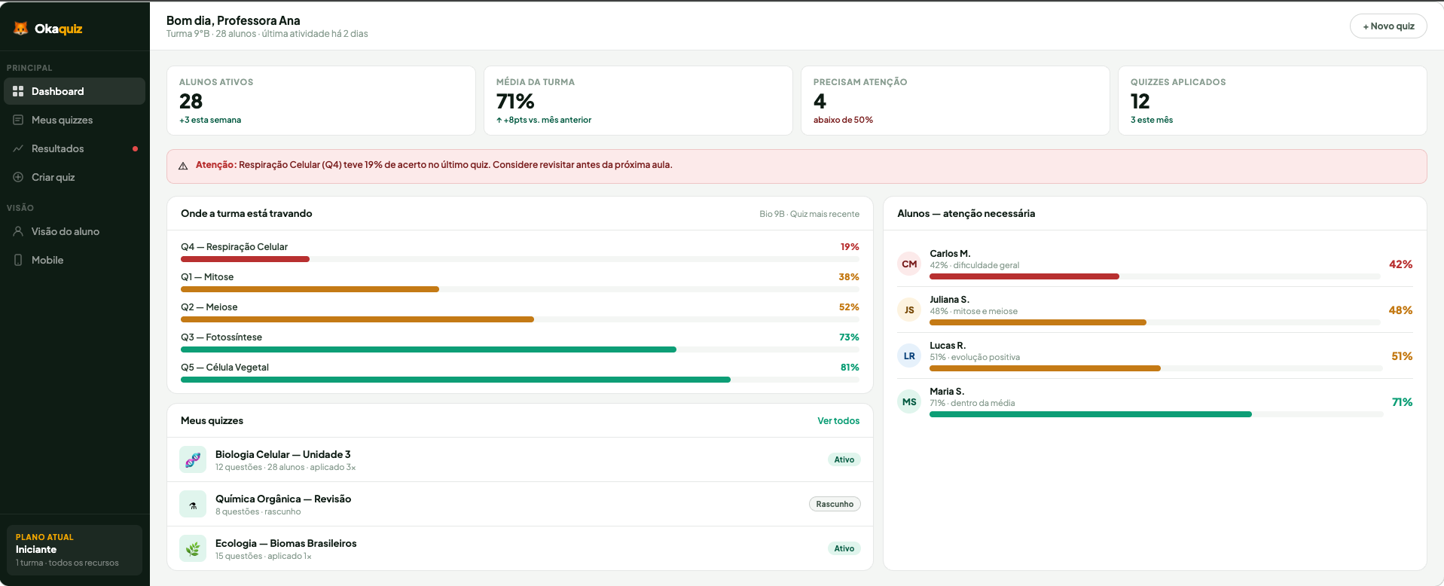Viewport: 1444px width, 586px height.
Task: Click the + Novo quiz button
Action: tap(1388, 26)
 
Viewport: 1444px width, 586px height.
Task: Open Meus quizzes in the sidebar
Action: tap(62, 120)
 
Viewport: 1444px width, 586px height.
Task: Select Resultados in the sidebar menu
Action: tap(57, 148)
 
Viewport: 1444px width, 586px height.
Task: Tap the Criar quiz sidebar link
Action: tap(53, 177)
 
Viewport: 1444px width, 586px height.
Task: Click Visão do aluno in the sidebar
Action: tap(65, 231)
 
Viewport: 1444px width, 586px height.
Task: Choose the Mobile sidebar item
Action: tap(47, 260)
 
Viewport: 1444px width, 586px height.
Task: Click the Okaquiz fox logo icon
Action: tap(21, 29)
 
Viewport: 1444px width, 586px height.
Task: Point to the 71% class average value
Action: tap(515, 101)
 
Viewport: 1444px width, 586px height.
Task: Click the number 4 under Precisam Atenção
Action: tap(820, 101)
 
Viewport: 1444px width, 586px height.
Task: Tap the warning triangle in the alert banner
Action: tap(183, 166)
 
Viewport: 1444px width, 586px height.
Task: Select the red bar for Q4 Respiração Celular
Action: tap(245, 259)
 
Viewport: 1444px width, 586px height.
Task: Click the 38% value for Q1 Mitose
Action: tap(848, 277)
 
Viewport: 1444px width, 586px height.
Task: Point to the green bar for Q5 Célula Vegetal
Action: tap(455, 380)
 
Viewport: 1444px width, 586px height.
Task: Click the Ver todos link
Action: tap(838, 421)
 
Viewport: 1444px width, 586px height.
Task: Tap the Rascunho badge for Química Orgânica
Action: tap(835, 504)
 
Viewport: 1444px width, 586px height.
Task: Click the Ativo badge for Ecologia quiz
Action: tap(844, 548)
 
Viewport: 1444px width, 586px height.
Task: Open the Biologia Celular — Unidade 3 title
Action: tap(282, 454)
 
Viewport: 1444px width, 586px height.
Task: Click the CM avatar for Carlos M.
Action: tap(909, 264)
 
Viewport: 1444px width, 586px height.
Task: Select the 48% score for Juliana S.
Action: tap(1400, 310)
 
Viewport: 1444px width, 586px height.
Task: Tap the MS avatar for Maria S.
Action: tap(909, 402)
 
